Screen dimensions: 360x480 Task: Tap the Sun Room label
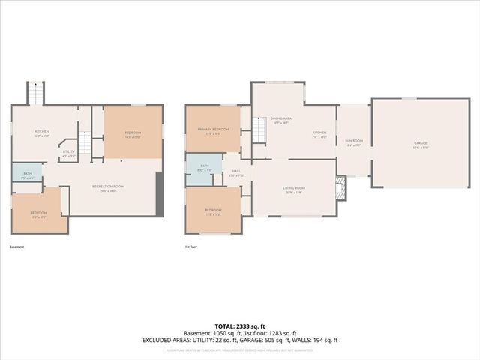click(x=353, y=143)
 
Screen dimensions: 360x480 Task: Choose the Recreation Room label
click(x=107, y=187)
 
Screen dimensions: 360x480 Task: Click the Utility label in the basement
click(x=68, y=154)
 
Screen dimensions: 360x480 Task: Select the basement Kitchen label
click(x=41, y=133)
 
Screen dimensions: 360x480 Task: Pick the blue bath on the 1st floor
click(x=203, y=169)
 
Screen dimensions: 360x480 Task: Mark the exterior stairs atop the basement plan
click(x=37, y=93)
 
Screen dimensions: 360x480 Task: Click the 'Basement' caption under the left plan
click(x=16, y=247)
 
